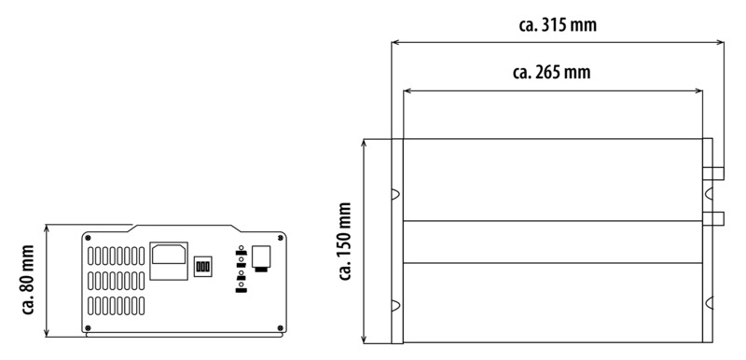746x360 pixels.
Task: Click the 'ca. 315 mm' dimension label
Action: (557, 25)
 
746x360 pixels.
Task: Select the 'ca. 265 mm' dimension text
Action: (551, 73)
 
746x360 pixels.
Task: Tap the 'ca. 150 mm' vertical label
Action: (346, 242)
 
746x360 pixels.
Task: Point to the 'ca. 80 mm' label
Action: (29, 280)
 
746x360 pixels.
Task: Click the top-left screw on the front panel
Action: (88, 238)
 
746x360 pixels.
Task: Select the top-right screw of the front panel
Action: (280, 238)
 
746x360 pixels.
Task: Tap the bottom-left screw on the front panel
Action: (88, 327)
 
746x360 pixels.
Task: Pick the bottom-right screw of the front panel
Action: (280, 327)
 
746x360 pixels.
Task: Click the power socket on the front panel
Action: (169, 260)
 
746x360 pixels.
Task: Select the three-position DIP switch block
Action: (203, 267)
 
